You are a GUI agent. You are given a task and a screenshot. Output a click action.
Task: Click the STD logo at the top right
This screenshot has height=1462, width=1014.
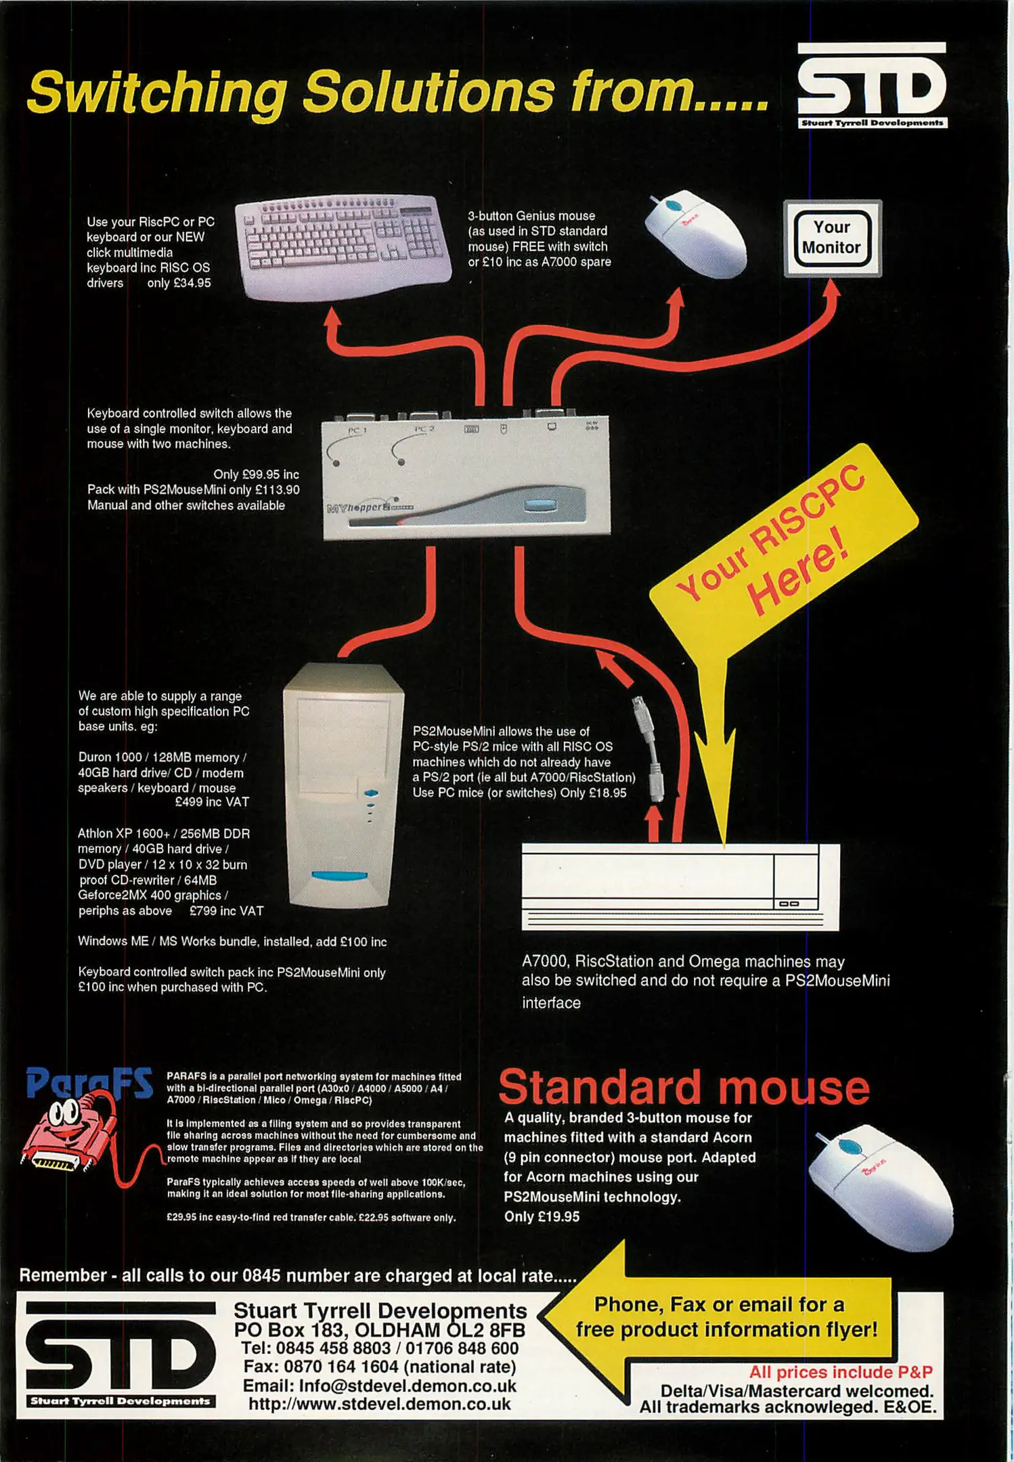click(x=872, y=86)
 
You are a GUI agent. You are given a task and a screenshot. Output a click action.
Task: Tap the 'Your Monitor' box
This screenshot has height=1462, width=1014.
click(x=832, y=238)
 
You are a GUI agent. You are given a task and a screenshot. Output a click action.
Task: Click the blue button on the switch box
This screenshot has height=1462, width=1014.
click(x=539, y=506)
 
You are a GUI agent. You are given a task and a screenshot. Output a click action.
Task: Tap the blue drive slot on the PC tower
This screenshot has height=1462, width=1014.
click(x=339, y=876)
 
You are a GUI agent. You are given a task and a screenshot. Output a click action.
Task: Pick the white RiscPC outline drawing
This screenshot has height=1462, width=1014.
click(x=680, y=887)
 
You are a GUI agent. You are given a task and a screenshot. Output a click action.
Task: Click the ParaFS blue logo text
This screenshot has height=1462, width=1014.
click(x=89, y=1082)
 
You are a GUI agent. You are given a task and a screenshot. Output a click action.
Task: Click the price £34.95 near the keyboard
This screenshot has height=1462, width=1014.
click(x=189, y=283)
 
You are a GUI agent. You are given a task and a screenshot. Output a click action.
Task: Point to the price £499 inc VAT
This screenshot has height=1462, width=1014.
click(x=212, y=802)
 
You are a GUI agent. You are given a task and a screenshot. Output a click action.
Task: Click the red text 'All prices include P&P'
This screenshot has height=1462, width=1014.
click(x=840, y=1372)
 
